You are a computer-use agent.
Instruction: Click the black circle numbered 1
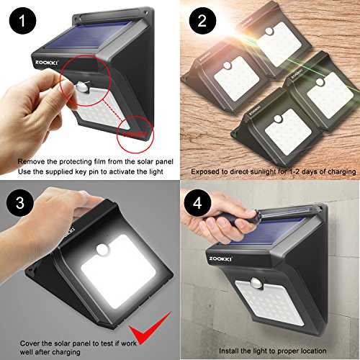(22, 21)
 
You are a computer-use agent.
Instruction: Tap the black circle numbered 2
(202, 21)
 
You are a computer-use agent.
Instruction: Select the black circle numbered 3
(20, 203)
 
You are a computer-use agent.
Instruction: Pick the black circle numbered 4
(197, 203)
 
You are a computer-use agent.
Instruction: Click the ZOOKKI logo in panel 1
(46, 63)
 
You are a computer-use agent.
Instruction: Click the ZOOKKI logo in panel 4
(220, 259)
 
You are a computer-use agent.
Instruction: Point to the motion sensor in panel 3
(103, 250)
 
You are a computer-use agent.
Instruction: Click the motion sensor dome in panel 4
(257, 283)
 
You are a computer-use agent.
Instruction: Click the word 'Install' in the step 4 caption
(228, 351)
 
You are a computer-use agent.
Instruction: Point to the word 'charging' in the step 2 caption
(342, 172)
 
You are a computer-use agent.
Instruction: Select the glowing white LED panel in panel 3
(118, 271)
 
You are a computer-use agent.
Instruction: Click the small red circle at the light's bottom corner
(135, 134)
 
